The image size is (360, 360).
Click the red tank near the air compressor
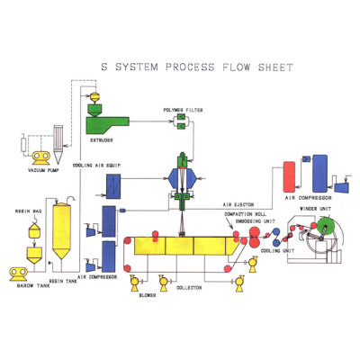coord(291,172)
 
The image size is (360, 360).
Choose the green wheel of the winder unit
coord(317,240)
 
